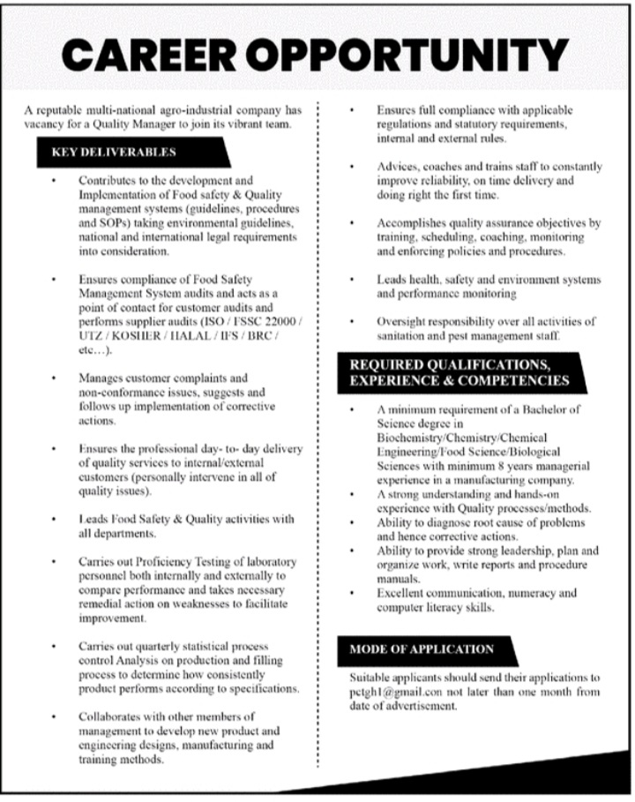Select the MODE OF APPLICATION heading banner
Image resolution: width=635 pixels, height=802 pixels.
[x=422, y=649]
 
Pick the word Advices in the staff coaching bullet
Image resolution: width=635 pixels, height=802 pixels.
[x=397, y=167]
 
